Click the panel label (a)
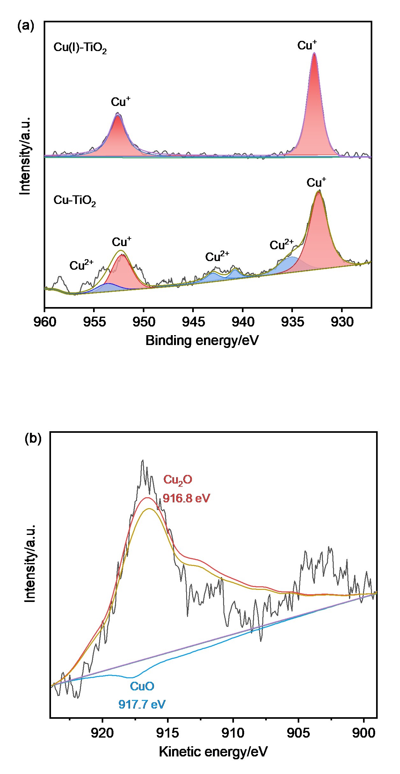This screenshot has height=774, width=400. coord(25,26)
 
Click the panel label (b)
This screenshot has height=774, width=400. coord(33,439)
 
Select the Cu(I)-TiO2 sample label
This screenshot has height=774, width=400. coord(80,48)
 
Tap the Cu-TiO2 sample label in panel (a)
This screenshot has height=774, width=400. coord(75,201)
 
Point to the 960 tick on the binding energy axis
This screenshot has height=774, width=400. coord(45,322)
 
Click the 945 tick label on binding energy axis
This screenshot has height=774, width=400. coord(193,322)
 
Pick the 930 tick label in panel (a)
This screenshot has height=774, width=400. coord(342,322)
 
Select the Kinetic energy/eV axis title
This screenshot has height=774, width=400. coord(213,752)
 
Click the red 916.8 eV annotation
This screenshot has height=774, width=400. coord(186,498)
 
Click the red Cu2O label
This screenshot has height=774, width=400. coord(178,480)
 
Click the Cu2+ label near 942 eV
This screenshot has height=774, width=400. coord(217,256)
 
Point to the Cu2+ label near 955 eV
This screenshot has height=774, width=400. coord(82,265)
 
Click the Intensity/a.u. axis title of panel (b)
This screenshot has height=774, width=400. coord(30,564)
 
